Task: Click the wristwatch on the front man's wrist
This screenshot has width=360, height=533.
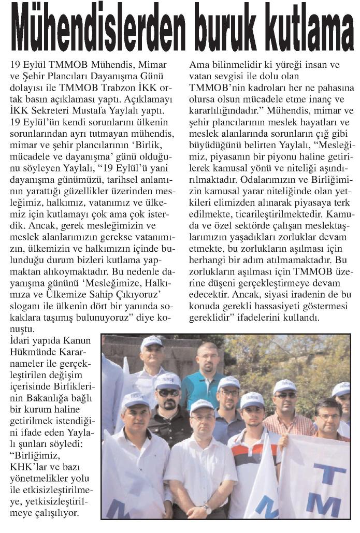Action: [x=207, y=509]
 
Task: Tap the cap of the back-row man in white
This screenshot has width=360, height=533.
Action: [x=151, y=341]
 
